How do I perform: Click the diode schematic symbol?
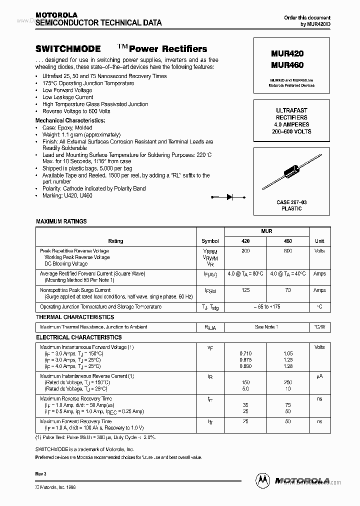click(x=230, y=197)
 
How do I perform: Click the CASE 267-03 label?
click(x=291, y=202)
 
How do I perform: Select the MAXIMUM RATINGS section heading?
click(x=61, y=221)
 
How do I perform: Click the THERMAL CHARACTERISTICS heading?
click(x=75, y=317)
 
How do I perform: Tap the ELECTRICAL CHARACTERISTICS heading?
click(x=78, y=337)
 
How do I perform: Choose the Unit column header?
click(x=319, y=241)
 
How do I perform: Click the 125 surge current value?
click(x=245, y=290)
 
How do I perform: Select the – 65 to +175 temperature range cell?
click(x=267, y=306)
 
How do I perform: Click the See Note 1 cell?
click(x=267, y=327)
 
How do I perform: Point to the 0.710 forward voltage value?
click(x=245, y=353)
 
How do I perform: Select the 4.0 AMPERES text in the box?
click(x=291, y=124)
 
